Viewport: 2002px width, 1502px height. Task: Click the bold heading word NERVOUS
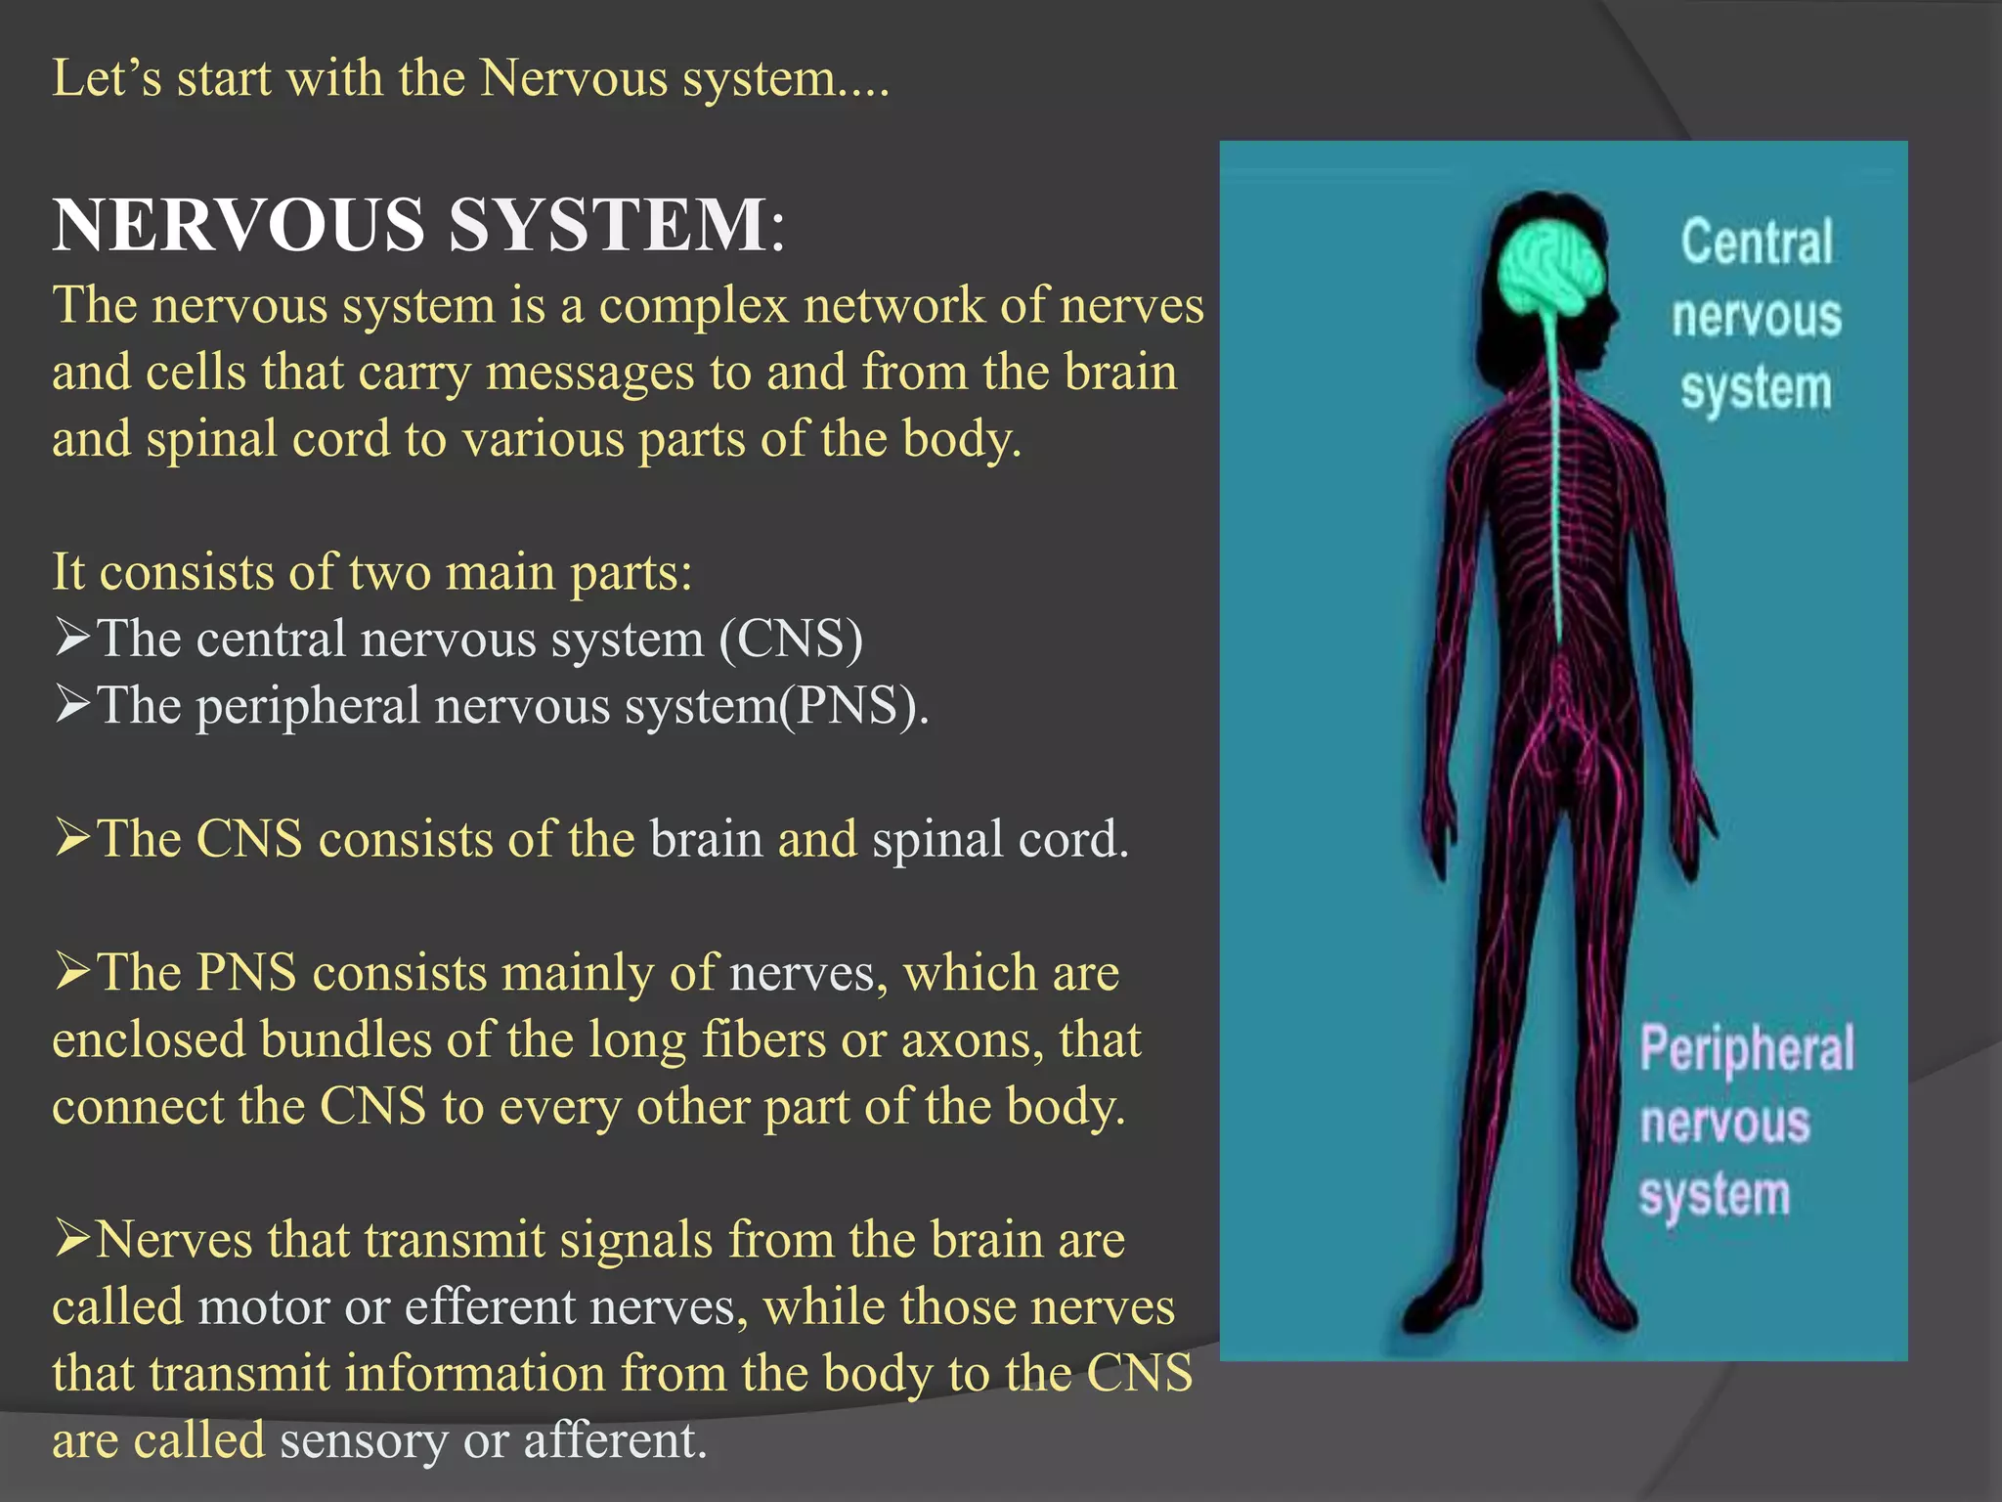[x=239, y=226]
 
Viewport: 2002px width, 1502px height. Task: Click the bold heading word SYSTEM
[x=607, y=226]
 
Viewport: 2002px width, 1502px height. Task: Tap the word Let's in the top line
[x=107, y=78]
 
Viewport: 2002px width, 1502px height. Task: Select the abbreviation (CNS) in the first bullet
[x=791, y=640]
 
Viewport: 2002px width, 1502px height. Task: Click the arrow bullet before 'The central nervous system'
[x=72, y=638]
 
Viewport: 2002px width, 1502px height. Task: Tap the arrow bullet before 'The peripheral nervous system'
[x=72, y=704]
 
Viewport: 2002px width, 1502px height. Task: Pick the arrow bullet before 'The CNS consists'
[x=72, y=838]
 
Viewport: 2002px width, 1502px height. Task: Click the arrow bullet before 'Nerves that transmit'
[x=72, y=1239]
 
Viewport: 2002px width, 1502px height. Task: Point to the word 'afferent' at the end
[x=615, y=1440]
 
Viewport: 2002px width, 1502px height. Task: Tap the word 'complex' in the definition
[x=693, y=306]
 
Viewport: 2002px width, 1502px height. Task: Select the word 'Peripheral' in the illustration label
[x=1746, y=1050]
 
